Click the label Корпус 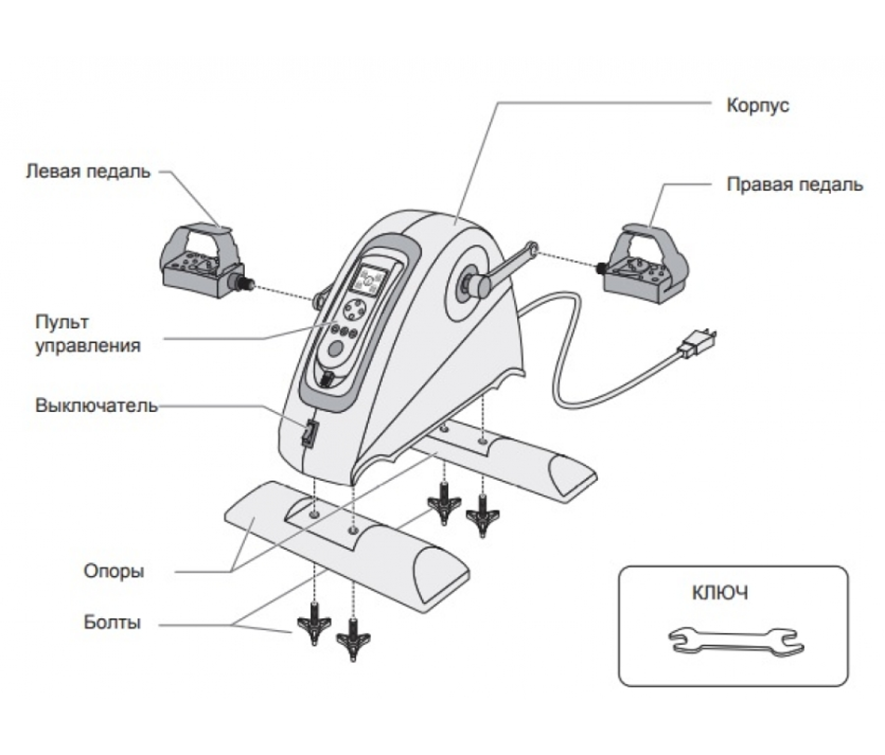tap(757, 105)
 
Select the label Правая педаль tap(794, 185)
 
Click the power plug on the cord tap(694, 344)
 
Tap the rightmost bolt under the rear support tap(483, 515)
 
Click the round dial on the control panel tap(355, 310)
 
